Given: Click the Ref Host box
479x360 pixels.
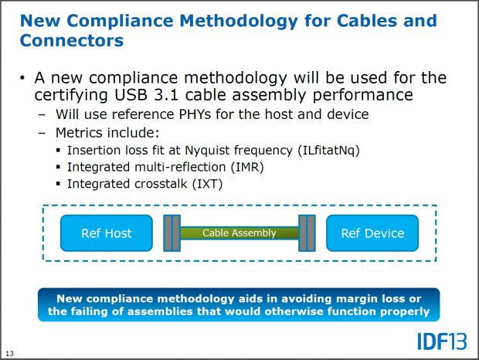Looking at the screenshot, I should (107, 233).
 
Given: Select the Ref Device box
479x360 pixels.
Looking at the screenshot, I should (372, 233).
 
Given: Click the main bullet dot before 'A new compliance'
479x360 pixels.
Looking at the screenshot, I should (24, 78).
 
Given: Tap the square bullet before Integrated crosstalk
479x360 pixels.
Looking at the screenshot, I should (59, 184).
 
